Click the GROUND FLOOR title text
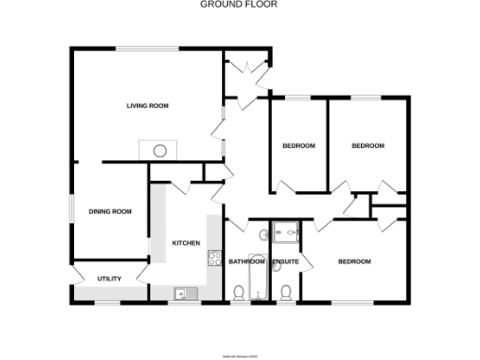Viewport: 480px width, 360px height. point(239,5)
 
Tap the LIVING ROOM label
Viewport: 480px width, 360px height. point(147,106)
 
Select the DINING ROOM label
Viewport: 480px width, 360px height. point(110,212)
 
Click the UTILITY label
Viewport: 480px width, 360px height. point(110,279)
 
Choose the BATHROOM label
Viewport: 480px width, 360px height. point(247,262)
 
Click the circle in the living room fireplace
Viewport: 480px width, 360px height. point(160,149)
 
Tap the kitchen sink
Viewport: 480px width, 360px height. point(182,293)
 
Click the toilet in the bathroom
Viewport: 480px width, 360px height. point(239,292)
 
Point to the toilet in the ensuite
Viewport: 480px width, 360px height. point(287,292)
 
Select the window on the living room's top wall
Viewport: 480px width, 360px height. point(147,48)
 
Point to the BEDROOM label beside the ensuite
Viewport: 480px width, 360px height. point(354,262)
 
